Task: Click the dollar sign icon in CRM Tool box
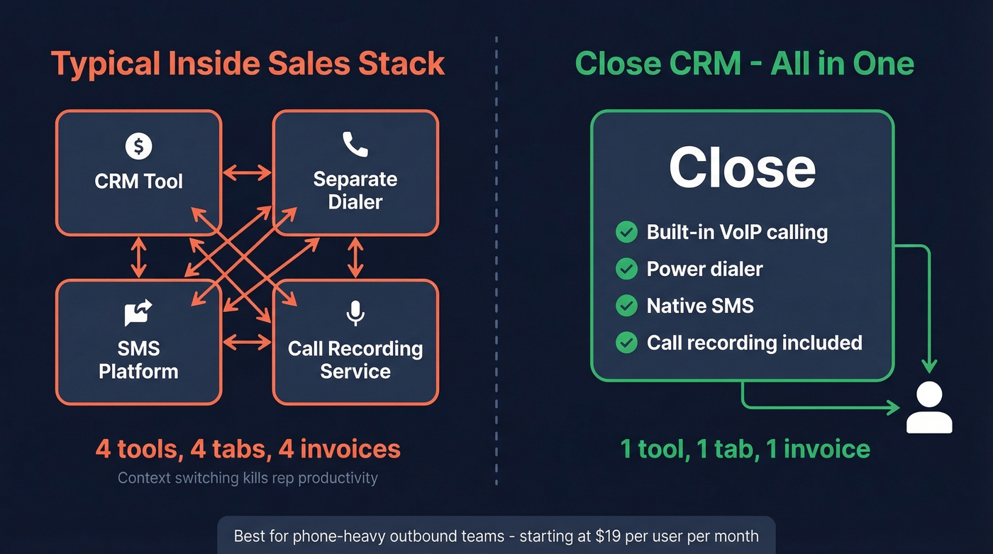pos(138,146)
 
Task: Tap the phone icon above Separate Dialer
pos(355,144)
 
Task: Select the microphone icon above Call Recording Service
pos(355,313)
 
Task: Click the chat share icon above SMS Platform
pos(138,313)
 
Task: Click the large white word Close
pos(742,168)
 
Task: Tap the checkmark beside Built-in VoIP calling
pos(626,232)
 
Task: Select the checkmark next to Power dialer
pos(626,269)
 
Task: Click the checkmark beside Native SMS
pos(626,306)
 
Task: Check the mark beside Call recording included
pos(626,343)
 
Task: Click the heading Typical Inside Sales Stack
pos(248,63)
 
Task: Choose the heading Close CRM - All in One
pos(744,63)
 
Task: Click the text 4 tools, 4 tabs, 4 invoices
pos(248,449)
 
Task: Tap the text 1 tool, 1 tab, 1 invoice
pos(745,449)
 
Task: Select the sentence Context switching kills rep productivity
pos(248,477)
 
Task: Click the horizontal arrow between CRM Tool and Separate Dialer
pos(247,172)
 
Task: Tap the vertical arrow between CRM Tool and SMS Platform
pos(138,257)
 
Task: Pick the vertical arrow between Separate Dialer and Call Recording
pos(355,257)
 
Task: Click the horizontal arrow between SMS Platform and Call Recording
pos(247,343)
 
